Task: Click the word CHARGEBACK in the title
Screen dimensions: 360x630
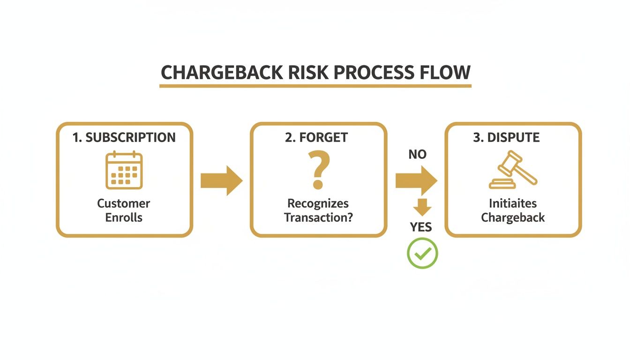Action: pos(221,73)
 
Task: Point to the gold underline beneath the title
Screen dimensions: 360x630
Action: pos(315,86)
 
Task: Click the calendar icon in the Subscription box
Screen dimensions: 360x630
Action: pos(124,170)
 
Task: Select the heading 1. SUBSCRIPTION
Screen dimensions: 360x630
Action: pos(124,137)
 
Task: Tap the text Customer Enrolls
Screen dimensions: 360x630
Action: pos(124,210)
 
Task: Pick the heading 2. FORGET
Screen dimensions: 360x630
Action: pos(316,137)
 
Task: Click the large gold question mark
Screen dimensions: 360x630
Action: pos(318,169)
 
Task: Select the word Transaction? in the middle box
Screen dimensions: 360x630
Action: pos(318,217)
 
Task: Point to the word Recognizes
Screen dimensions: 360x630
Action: pos(318,203)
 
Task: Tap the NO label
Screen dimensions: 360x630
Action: pos(417,155)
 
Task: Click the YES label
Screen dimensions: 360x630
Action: pos(421,227)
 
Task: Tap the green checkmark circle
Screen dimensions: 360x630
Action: pos(422,253)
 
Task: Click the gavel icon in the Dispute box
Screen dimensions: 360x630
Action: pos(513,170)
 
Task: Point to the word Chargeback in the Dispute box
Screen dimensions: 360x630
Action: pos(513,217)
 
